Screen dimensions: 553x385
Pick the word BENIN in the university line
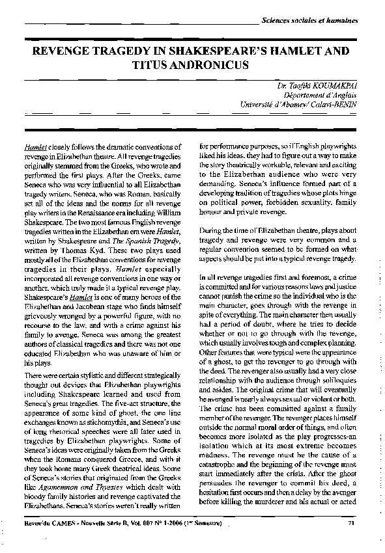coord(344,104)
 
